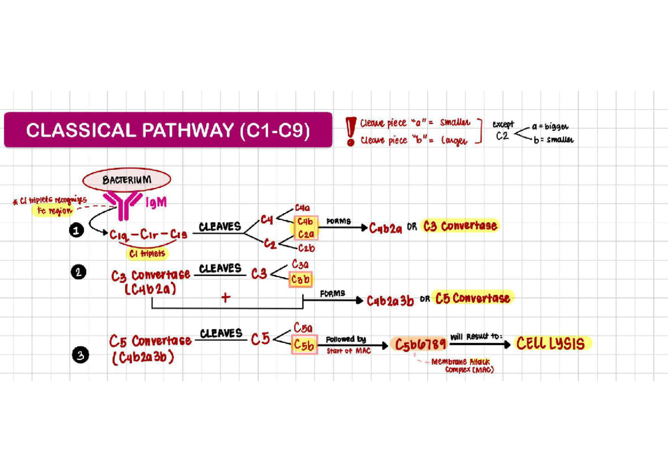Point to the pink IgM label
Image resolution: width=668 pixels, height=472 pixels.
(156, 203)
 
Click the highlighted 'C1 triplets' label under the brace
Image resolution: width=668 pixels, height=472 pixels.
(147, 253)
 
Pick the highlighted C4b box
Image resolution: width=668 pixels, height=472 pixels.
(303, 222)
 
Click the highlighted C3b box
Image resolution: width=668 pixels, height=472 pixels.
(300, 279)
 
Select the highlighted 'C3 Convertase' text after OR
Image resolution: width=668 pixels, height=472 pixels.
(460, 226)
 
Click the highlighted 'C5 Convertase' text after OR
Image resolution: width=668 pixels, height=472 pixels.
(473, 298)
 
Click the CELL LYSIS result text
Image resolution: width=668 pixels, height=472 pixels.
(551, 343)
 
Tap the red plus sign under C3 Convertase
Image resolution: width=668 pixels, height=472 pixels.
(225, 298)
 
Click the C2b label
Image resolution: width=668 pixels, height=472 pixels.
(307, 248)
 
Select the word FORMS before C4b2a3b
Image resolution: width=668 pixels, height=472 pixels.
(332, 293)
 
